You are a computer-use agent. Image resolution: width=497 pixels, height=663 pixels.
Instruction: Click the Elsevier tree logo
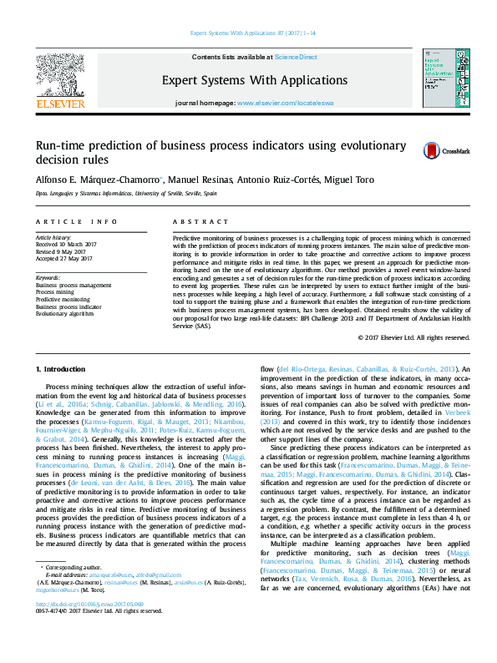60,78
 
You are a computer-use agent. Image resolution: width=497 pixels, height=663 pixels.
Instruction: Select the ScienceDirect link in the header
297,57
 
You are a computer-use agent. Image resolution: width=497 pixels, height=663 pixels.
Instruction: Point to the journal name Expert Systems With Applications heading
247,79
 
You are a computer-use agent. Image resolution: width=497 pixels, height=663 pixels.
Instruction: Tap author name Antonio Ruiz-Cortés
285,180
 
